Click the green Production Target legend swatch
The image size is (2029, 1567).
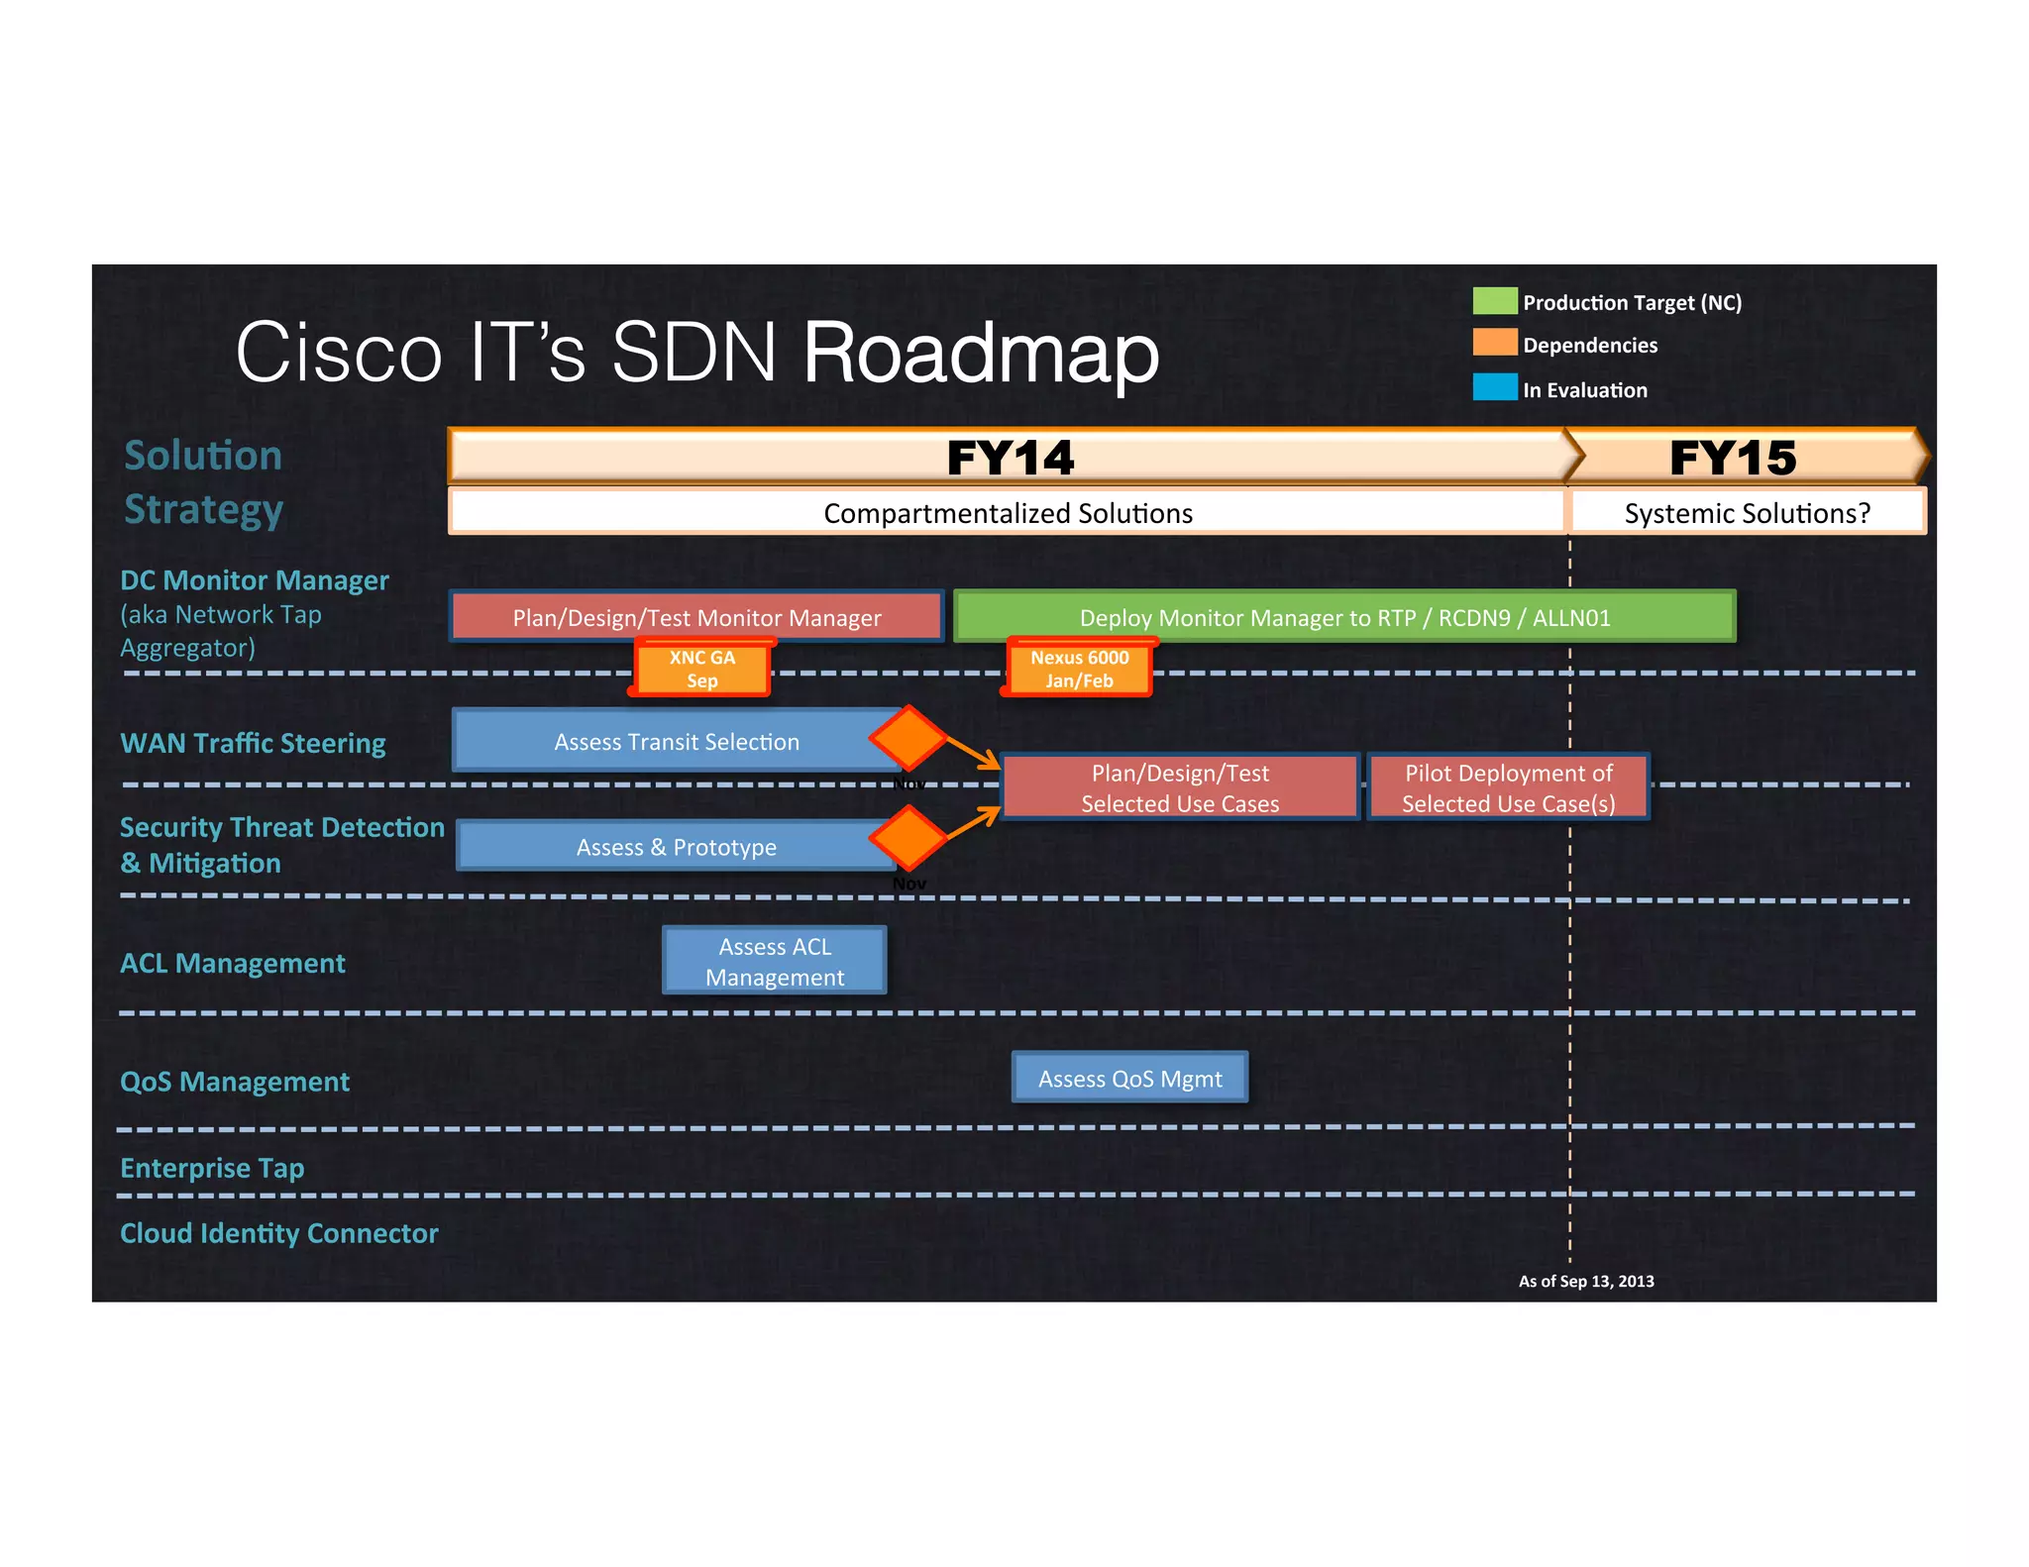coord(1494,301)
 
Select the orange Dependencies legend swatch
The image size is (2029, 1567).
coord(1494,343)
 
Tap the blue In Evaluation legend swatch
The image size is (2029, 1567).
coord(1494,387)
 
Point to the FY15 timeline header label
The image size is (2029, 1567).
coord(1732,458)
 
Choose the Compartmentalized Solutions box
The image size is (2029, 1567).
coord(1007,513)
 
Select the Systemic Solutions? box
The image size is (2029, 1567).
coord(1747,513)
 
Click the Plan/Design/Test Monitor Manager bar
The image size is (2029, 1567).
coord(696,617)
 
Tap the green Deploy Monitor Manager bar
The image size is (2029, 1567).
coord(1343,617)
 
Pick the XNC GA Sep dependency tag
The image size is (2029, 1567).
coord(701,669)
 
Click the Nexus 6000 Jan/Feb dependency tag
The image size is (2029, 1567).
coord(1079,669)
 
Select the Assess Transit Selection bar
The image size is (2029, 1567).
coord(676,741)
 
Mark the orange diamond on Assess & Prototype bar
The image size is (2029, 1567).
coord(908,837)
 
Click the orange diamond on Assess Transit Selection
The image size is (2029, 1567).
coord(908,737)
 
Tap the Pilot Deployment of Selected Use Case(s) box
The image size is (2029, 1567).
coord(1508,787)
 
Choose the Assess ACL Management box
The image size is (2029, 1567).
coord(775,961)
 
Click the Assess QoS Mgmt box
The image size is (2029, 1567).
coord(1129,1078)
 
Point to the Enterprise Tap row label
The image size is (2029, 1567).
coord(212,1168)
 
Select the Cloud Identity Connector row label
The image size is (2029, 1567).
coord(278,1233)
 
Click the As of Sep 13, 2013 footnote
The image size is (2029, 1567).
coord(1585,1281)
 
